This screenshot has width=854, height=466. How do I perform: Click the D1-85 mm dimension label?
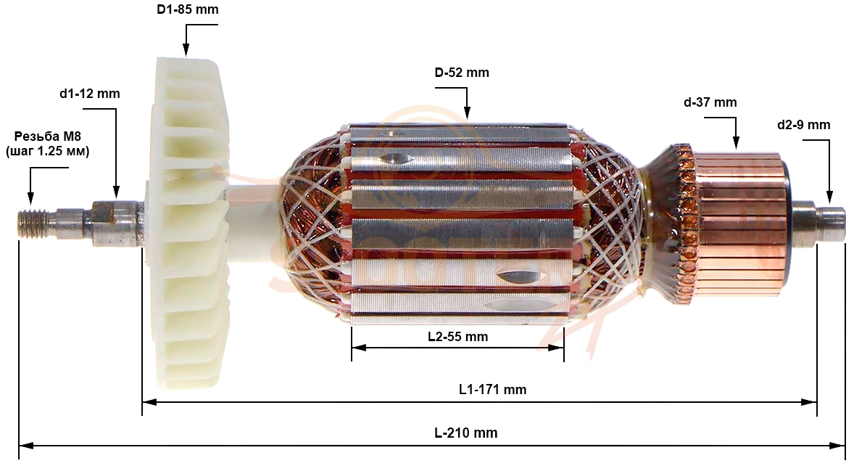click(x=188, y=10)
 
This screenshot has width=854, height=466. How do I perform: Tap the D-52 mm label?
click(x=462, y=73)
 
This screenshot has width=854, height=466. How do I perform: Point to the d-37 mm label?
click(x=710, y=102)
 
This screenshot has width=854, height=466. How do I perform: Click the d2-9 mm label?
click(x=804, y=125)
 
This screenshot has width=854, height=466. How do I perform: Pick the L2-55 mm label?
click(x=458, y=337)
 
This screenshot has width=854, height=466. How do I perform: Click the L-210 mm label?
click(x=466, y=433)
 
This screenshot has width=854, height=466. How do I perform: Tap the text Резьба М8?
click(x=47, y=136)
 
